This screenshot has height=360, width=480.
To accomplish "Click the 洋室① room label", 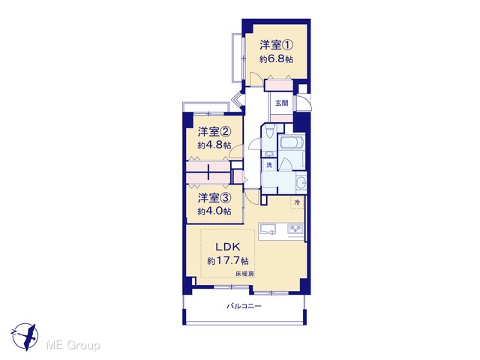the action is click(x=277, y=45).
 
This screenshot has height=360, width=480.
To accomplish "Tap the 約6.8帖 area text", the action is click(x=276, y=59).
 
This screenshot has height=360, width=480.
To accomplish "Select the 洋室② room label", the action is click(x=214, y=132).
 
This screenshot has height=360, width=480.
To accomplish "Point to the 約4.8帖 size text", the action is click(x=214, y=145).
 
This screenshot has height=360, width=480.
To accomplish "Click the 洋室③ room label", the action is click(x=214, y=198).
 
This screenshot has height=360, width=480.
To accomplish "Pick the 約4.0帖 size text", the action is click(x=214, y=211).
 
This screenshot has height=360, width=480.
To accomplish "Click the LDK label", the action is click(x=228, y=247).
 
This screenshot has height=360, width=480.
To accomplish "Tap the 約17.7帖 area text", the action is click(x=228, y=261).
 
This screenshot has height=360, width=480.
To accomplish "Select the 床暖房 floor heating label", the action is click(x=244, y=274).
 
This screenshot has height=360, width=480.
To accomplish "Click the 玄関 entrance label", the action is click(x=282, y=103).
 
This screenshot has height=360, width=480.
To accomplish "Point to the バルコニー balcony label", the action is click(x=244, y=306).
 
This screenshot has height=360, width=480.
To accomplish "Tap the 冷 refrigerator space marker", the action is click(x=297, y=202).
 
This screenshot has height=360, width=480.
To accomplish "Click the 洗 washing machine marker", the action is click(x=269, y=165).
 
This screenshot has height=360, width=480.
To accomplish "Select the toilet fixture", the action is click(x=269, y=132).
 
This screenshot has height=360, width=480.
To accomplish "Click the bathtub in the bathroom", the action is click(x=291, y=142).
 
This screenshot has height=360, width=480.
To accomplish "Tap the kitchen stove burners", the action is click(x=295, y=228).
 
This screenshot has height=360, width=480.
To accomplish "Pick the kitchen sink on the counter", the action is click(x=268, y=229).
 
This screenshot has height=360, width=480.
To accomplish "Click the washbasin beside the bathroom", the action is click(x=301, y=182).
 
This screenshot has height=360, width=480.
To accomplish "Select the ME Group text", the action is click(x=73, y=346).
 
